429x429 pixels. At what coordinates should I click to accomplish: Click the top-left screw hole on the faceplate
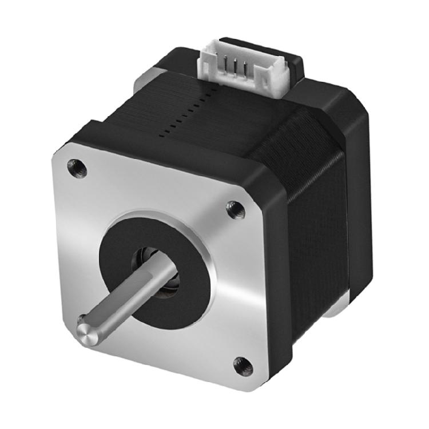point(77,168)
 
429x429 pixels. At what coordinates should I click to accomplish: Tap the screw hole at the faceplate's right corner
point(235,210)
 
